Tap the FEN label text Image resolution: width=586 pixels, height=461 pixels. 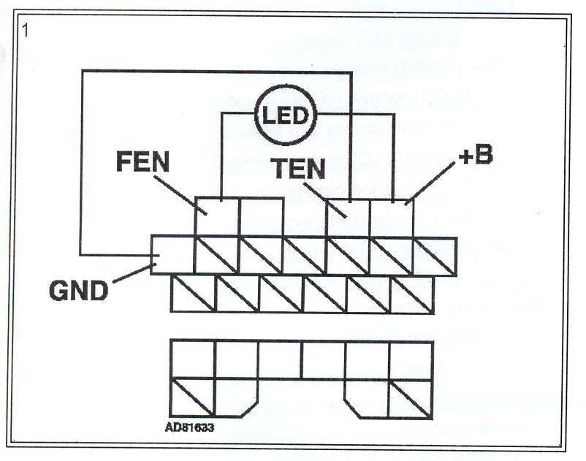coord(142,161)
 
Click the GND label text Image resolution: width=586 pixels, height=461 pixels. coord(78,291)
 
